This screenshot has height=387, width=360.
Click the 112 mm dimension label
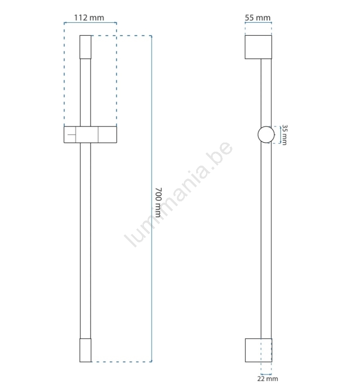pyautogui.click(x=89, y=17)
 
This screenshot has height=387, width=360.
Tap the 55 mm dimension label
pyautogui.click(x=258, y=17)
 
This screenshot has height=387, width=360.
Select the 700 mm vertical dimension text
pyautogui.click(x=158, y=202)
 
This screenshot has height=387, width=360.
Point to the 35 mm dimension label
pyautogui.click(x=284, y=135)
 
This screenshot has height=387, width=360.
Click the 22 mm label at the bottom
pyautogui.click(x=268, y=379)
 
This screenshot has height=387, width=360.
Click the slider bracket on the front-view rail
pyautogui.click(x=90, y=135)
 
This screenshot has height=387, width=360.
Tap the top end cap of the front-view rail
pyautogui.click(x=85, y=47)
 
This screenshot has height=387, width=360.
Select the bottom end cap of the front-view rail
pyautogui.click(x=85, y=350)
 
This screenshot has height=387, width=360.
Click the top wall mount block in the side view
pyautogui.click(x=258, y=47)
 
